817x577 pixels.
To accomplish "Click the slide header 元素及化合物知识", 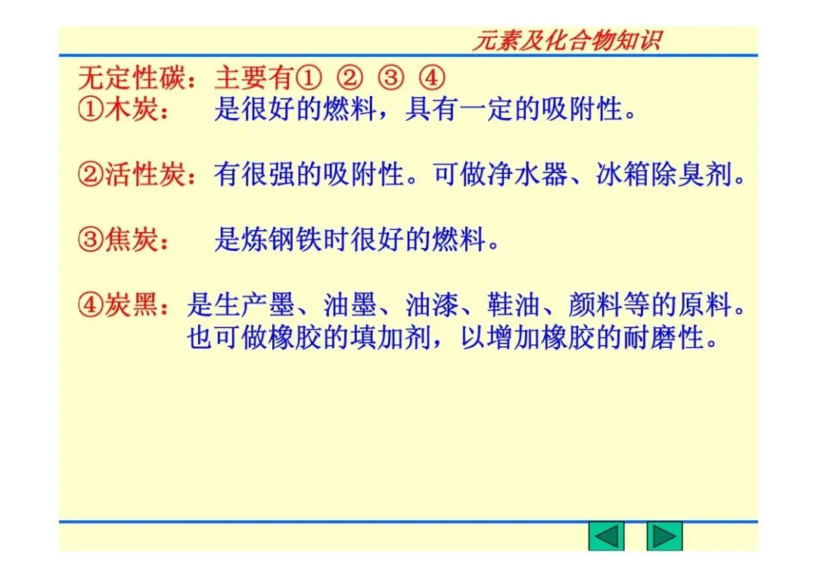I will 566,40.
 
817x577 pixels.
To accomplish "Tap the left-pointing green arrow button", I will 606,536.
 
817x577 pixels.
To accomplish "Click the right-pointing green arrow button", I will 664,536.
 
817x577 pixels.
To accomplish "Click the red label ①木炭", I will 118,110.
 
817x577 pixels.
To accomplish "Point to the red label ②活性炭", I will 131,175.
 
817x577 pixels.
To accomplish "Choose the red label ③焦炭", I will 118,240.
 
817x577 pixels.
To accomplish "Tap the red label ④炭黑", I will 118,306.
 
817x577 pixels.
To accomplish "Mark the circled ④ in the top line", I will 431,78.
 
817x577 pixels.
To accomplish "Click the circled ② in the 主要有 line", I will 349,78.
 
